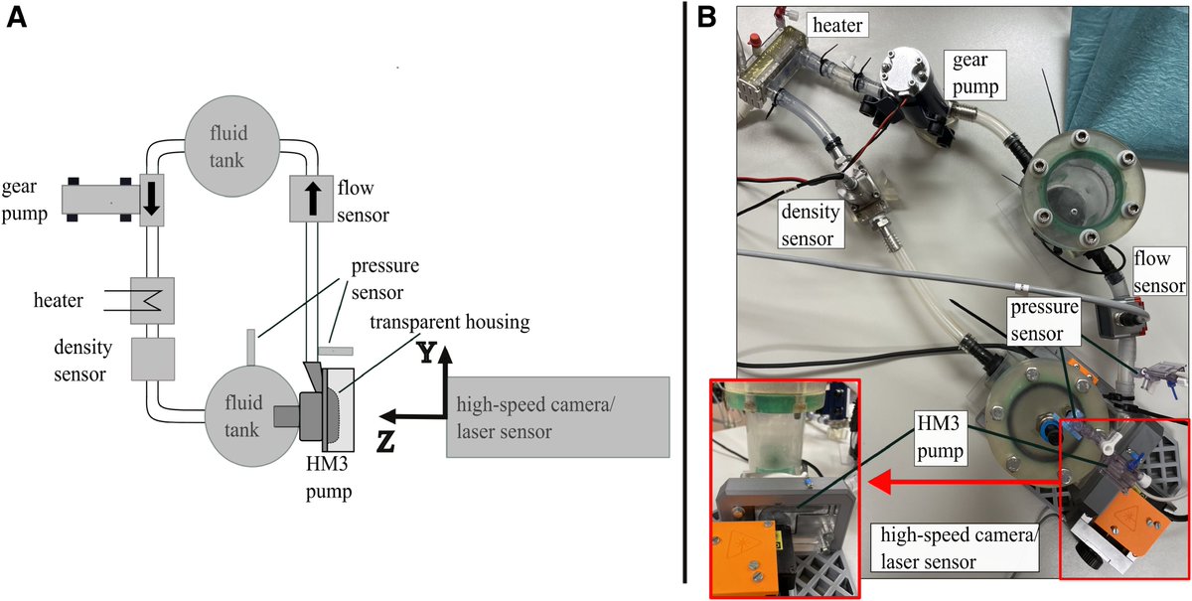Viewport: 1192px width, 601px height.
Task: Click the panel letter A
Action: pos(16,19)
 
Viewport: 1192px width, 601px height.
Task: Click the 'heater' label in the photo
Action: pos(839,22)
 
